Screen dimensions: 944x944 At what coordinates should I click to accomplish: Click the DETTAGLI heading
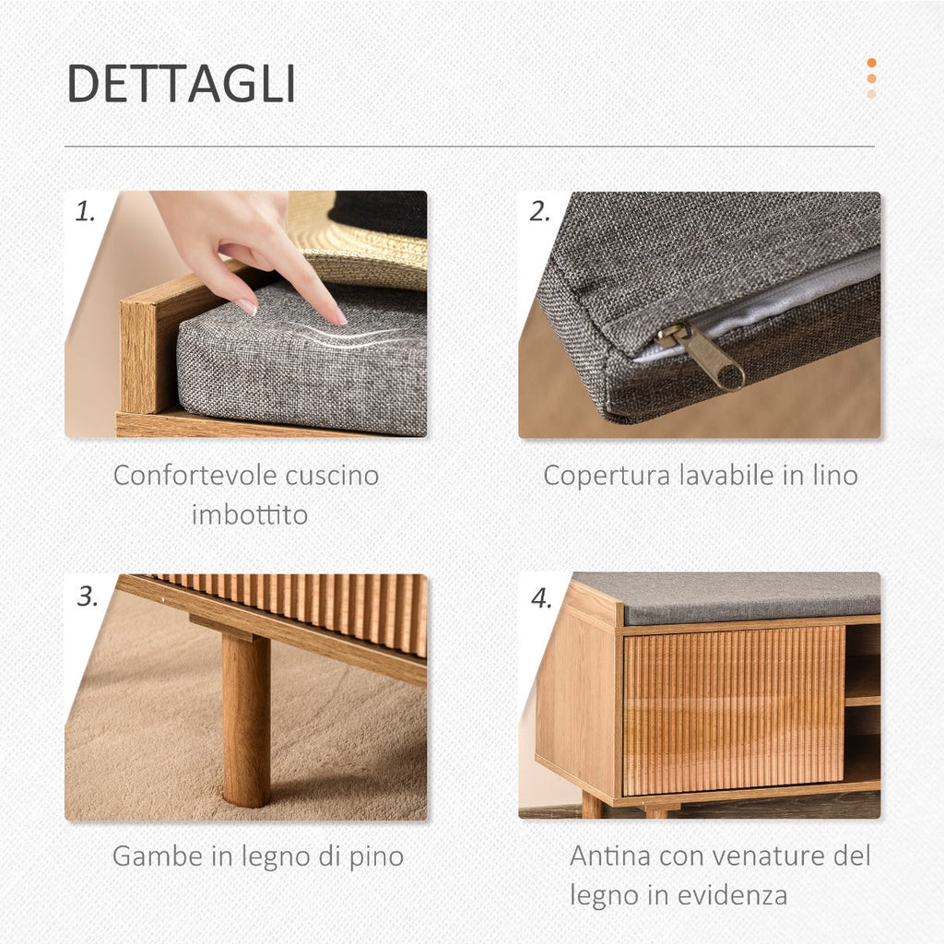tap(182, 84)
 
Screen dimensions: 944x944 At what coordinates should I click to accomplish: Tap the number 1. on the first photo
tap(85, 212)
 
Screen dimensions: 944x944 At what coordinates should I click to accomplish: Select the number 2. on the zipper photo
tap(539, 212)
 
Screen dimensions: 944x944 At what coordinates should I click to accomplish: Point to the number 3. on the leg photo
tap(88, 596)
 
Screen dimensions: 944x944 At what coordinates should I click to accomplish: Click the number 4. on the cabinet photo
tap(541, 598)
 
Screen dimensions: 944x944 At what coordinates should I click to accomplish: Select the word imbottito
tap(250, 514)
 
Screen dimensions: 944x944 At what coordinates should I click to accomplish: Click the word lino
tap(835, 475)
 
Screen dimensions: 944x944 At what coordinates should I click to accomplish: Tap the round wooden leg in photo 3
tap(245, 718)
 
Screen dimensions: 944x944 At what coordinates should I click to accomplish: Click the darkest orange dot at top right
tap(871, 63)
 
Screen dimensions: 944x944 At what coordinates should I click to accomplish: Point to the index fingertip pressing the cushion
tap(340, 319)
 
